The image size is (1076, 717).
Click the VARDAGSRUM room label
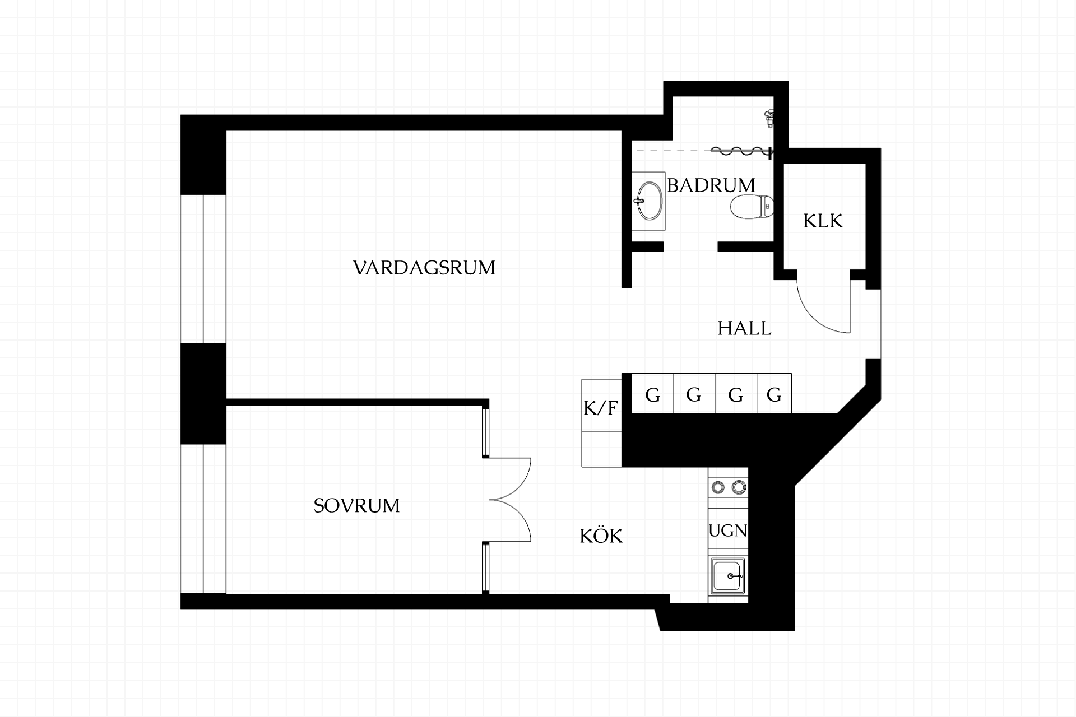pos(424,268)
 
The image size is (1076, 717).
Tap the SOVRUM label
pos(357,506)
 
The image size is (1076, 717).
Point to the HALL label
pos(744,328)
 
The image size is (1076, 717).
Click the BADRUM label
pos(711,185)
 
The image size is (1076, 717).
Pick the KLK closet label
pos(823,221)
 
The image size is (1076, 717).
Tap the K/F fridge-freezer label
pos(600,408)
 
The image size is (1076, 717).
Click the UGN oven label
pos(728,530)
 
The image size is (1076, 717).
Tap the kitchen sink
pos(728,576)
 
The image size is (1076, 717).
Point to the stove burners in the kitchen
pos(729,487)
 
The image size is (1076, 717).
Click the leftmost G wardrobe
pos(652,394)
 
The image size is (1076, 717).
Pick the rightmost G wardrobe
pos(774,394)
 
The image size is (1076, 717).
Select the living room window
pos(203,269)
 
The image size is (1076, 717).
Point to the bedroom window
pos(203,519)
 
